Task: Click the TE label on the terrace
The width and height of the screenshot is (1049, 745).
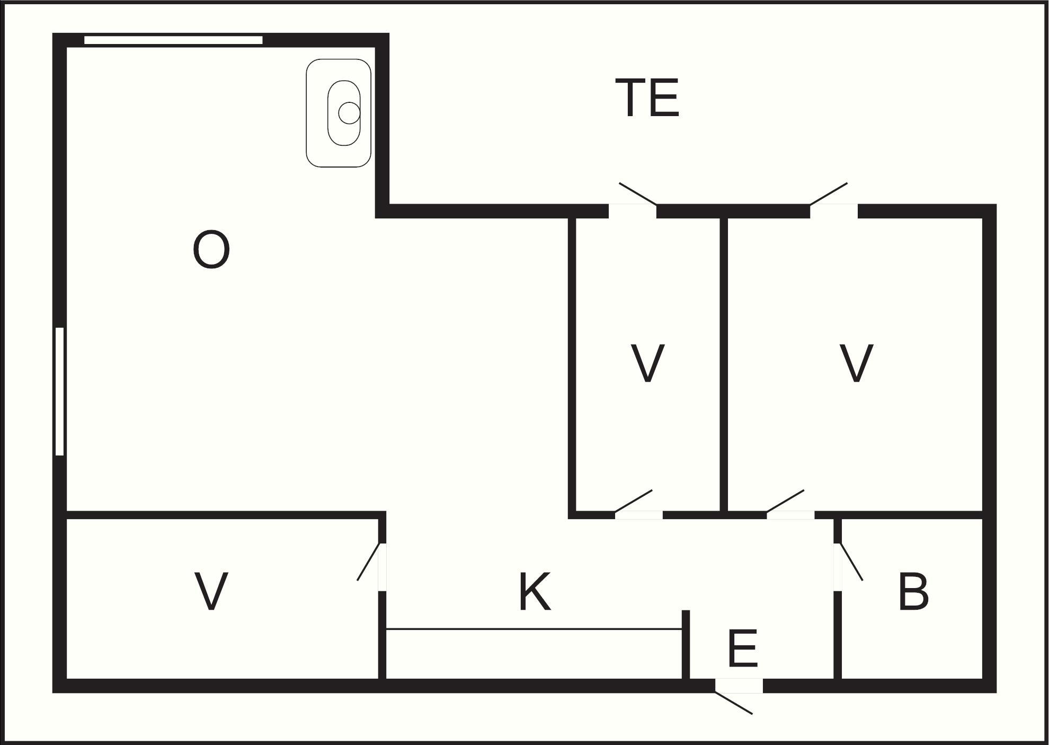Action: pyautogui.click(x=647, y=98)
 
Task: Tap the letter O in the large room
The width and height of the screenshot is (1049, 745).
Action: pyautogui.click(x=211, y=250)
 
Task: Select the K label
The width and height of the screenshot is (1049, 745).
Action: pyautogui.click(x=535, y=591)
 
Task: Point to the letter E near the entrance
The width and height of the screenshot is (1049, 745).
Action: pyautogui.click(x=743, y=648)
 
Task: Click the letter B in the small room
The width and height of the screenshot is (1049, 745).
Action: pyautogui.click(x=913, y=591)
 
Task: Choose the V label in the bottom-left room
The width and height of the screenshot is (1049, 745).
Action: pyautogui.click(x=211, y=591)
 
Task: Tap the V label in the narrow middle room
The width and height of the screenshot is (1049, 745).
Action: pyautogui.click(x=647, y=363)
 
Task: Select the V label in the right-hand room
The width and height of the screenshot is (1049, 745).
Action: pyautogui.click(x=857, y=363)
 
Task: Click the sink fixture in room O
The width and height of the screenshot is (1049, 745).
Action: pyautogui.click(x=339, y=113)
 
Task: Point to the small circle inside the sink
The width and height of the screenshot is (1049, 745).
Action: pyautogui.click(x=349, y=113)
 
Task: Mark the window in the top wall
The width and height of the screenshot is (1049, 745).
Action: pyautogui.click(x=173, y=40)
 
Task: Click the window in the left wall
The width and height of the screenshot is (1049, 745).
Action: pyautogui.click(x=60, y=391)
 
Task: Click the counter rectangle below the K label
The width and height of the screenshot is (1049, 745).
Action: pyautogui.click(x=533, y=653)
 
